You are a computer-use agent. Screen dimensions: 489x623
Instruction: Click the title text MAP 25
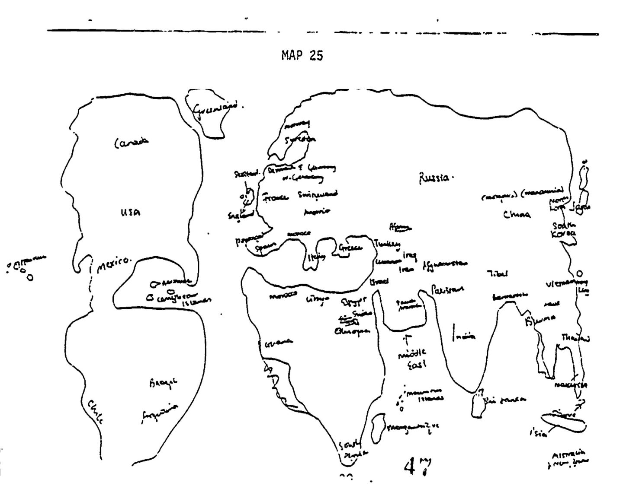(x=302, y=56)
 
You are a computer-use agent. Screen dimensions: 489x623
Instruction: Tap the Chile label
(x=96, y=411)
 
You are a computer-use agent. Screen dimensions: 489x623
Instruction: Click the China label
(x=517, y=214)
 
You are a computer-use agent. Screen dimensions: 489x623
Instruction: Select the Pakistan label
(x=448, y=289)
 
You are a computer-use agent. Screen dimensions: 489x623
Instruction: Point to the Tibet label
(x=497, y=273)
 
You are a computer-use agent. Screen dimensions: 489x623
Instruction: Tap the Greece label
(x=350, y=248)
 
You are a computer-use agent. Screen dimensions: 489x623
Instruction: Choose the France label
(x=275, y=197)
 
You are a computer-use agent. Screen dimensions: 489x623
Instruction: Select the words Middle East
(x=412, y=358)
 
